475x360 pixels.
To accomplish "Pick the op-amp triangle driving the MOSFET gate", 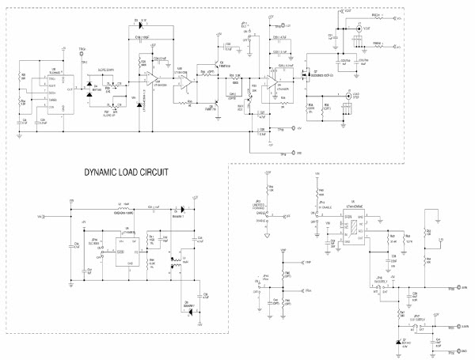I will pos(272,81).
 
